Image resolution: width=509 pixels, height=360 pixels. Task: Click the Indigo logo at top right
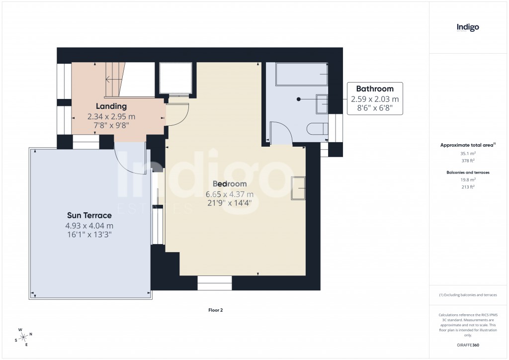467,27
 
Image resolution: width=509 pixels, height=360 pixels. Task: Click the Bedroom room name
230,184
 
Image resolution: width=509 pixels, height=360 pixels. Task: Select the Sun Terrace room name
89,215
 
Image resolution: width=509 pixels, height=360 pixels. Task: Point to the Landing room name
111,106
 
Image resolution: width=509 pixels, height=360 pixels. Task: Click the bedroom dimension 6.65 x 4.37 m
230,194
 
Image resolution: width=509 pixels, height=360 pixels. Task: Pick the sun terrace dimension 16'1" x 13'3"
89,235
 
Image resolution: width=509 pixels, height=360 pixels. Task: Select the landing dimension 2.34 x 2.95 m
111,116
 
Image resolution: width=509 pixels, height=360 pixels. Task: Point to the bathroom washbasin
322,103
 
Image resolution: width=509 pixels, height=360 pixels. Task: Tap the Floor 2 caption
215,310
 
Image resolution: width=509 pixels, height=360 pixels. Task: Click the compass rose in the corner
24,337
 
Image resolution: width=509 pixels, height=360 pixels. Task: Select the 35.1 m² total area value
467,154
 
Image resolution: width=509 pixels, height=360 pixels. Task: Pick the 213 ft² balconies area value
467,187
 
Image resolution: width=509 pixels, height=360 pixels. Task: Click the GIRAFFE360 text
467,345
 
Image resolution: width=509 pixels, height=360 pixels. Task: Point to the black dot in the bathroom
299,99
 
